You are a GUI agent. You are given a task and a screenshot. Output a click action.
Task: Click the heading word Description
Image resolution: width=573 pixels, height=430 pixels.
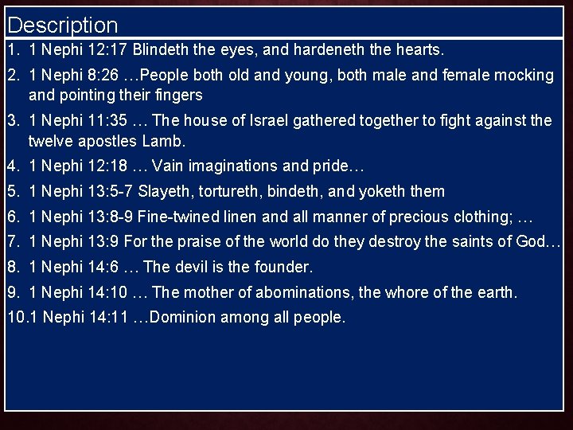tap(62, 25)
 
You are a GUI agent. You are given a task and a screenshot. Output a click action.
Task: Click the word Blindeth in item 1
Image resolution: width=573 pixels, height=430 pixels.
tap(161, 49)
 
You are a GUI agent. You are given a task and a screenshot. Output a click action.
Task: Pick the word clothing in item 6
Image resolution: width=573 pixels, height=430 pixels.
tap(481, 217)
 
